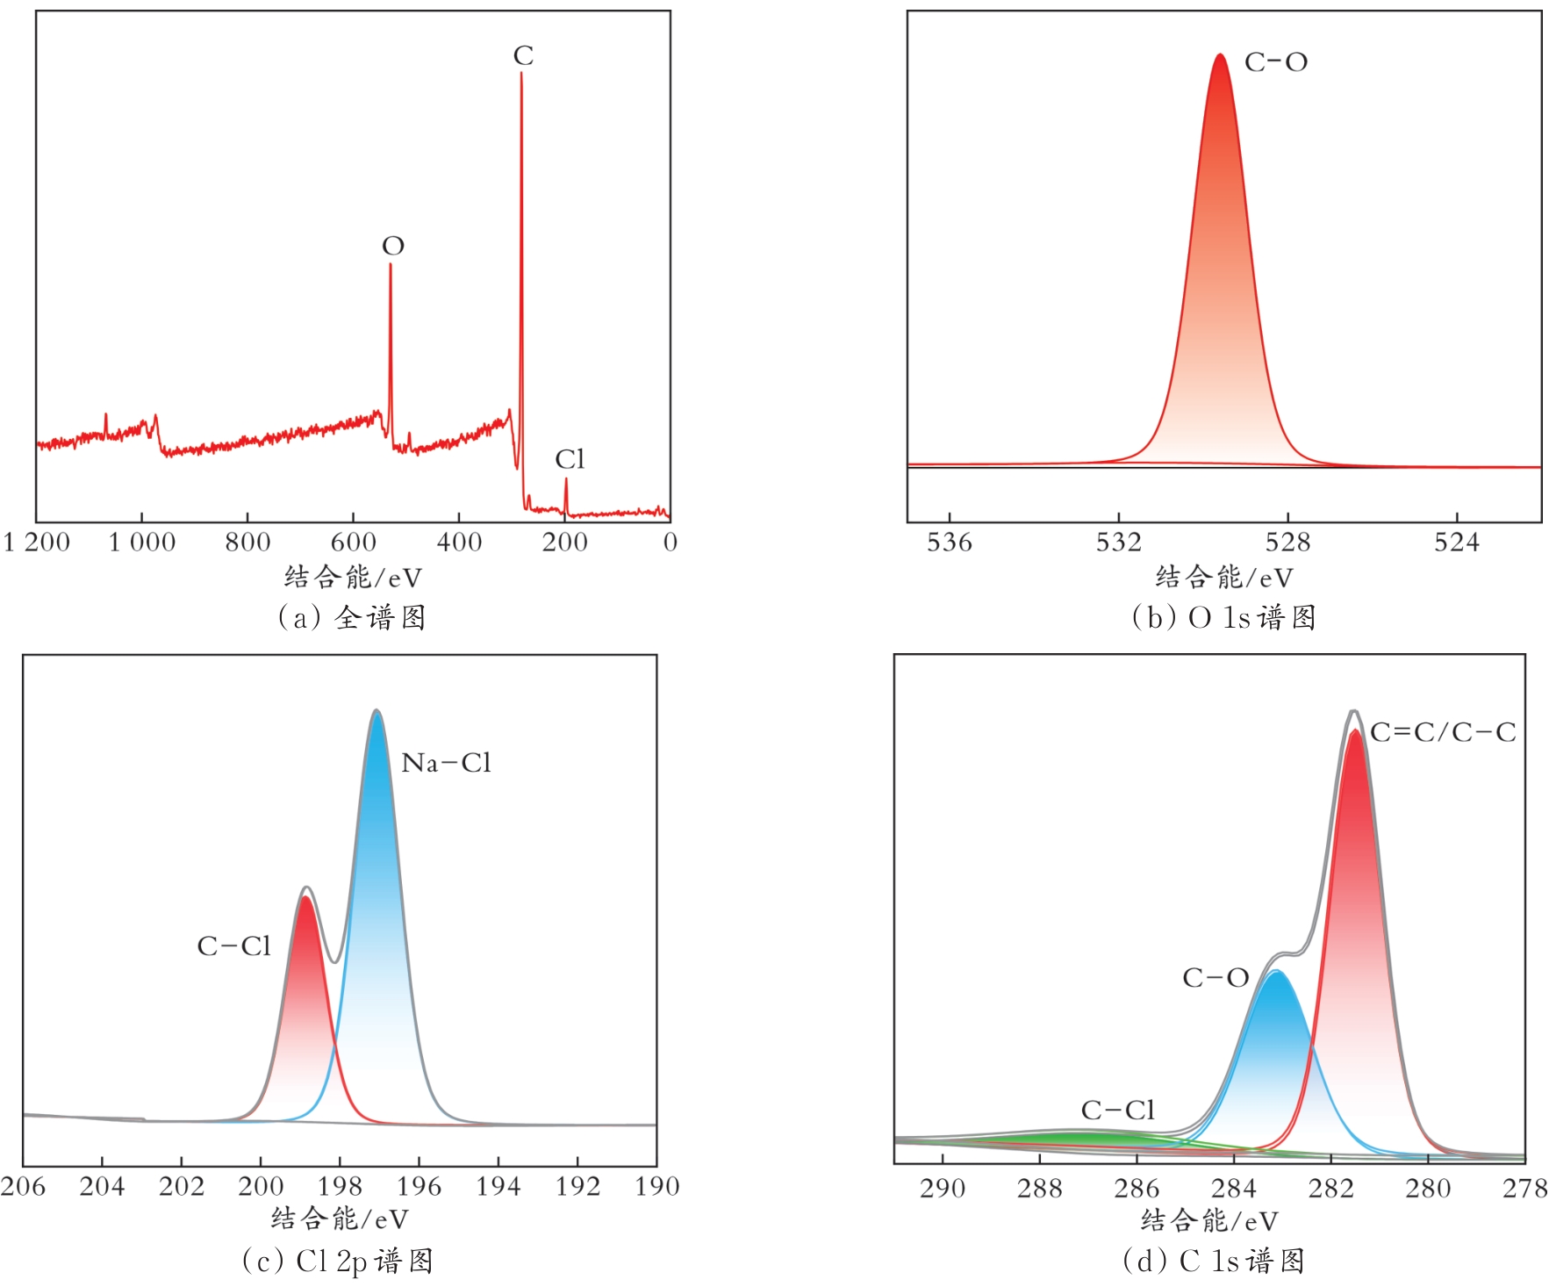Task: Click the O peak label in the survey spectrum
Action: (392, 246)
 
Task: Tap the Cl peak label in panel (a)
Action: (569, 459)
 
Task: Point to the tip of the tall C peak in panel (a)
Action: (521, 74)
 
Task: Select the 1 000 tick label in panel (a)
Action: (141, 543)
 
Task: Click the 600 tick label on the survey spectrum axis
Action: (353, 543)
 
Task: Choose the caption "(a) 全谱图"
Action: (352, 618)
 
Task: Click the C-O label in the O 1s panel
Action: (1276, 62)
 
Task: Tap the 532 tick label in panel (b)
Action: (1118, 543)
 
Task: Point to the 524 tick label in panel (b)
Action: (1456, 543)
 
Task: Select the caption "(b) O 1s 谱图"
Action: (1223, 618)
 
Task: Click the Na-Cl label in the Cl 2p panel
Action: (446, 763)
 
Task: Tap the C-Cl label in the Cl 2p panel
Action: (233, 946)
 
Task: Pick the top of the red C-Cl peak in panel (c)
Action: (305, 897)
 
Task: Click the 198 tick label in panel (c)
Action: (340, 1187)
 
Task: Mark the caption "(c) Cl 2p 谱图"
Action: (338, 1262)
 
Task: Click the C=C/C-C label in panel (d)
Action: (1443, 732)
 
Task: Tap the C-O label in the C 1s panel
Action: (1216, 978)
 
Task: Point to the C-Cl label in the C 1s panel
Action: (1117, 1111)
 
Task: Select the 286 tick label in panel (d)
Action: (1137, 1189)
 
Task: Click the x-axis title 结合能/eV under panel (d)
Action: (1209, 1220)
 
